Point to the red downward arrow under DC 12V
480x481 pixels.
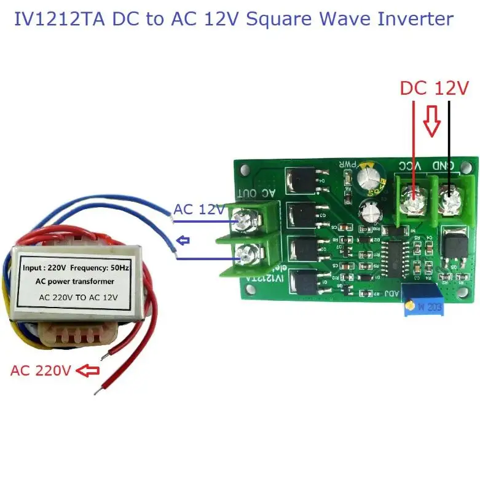click(x=432, y=121)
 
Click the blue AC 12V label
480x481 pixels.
click(x=199, y=209)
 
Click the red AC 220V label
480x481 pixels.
click(x=41, y=370)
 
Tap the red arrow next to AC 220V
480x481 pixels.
click(x=90, y=370)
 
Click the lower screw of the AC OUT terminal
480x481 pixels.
click(x=246, y=253)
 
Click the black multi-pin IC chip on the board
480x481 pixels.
click(x=393, y=256)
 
